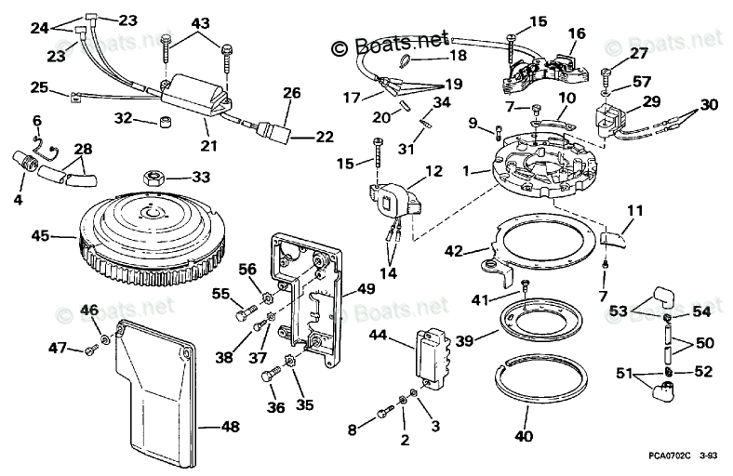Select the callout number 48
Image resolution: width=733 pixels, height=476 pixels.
(x=230, y=427)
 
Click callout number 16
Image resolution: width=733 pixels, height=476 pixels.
(x=577, y=33)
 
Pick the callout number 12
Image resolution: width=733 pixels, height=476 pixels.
(x=433, y=170)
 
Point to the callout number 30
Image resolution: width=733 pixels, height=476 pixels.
(x=709, y=104)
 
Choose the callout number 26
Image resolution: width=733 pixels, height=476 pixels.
(x=292, y=92)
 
